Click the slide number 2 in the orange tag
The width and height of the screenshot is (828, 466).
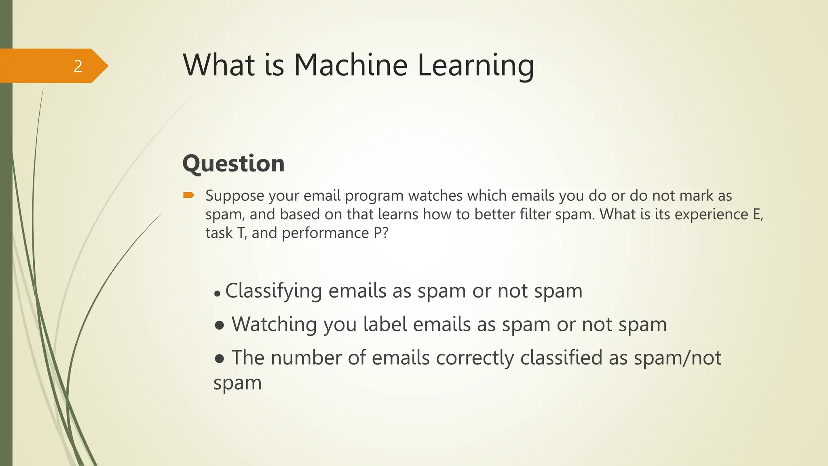tap(78, 66)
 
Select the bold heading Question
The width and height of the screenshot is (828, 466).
tap(233, 163)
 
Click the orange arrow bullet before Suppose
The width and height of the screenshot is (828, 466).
tap(188, 196)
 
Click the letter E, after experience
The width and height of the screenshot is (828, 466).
tap(758, 214)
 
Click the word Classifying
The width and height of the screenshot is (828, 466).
tap(273, 291)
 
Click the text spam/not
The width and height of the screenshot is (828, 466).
tap(677, 358)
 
